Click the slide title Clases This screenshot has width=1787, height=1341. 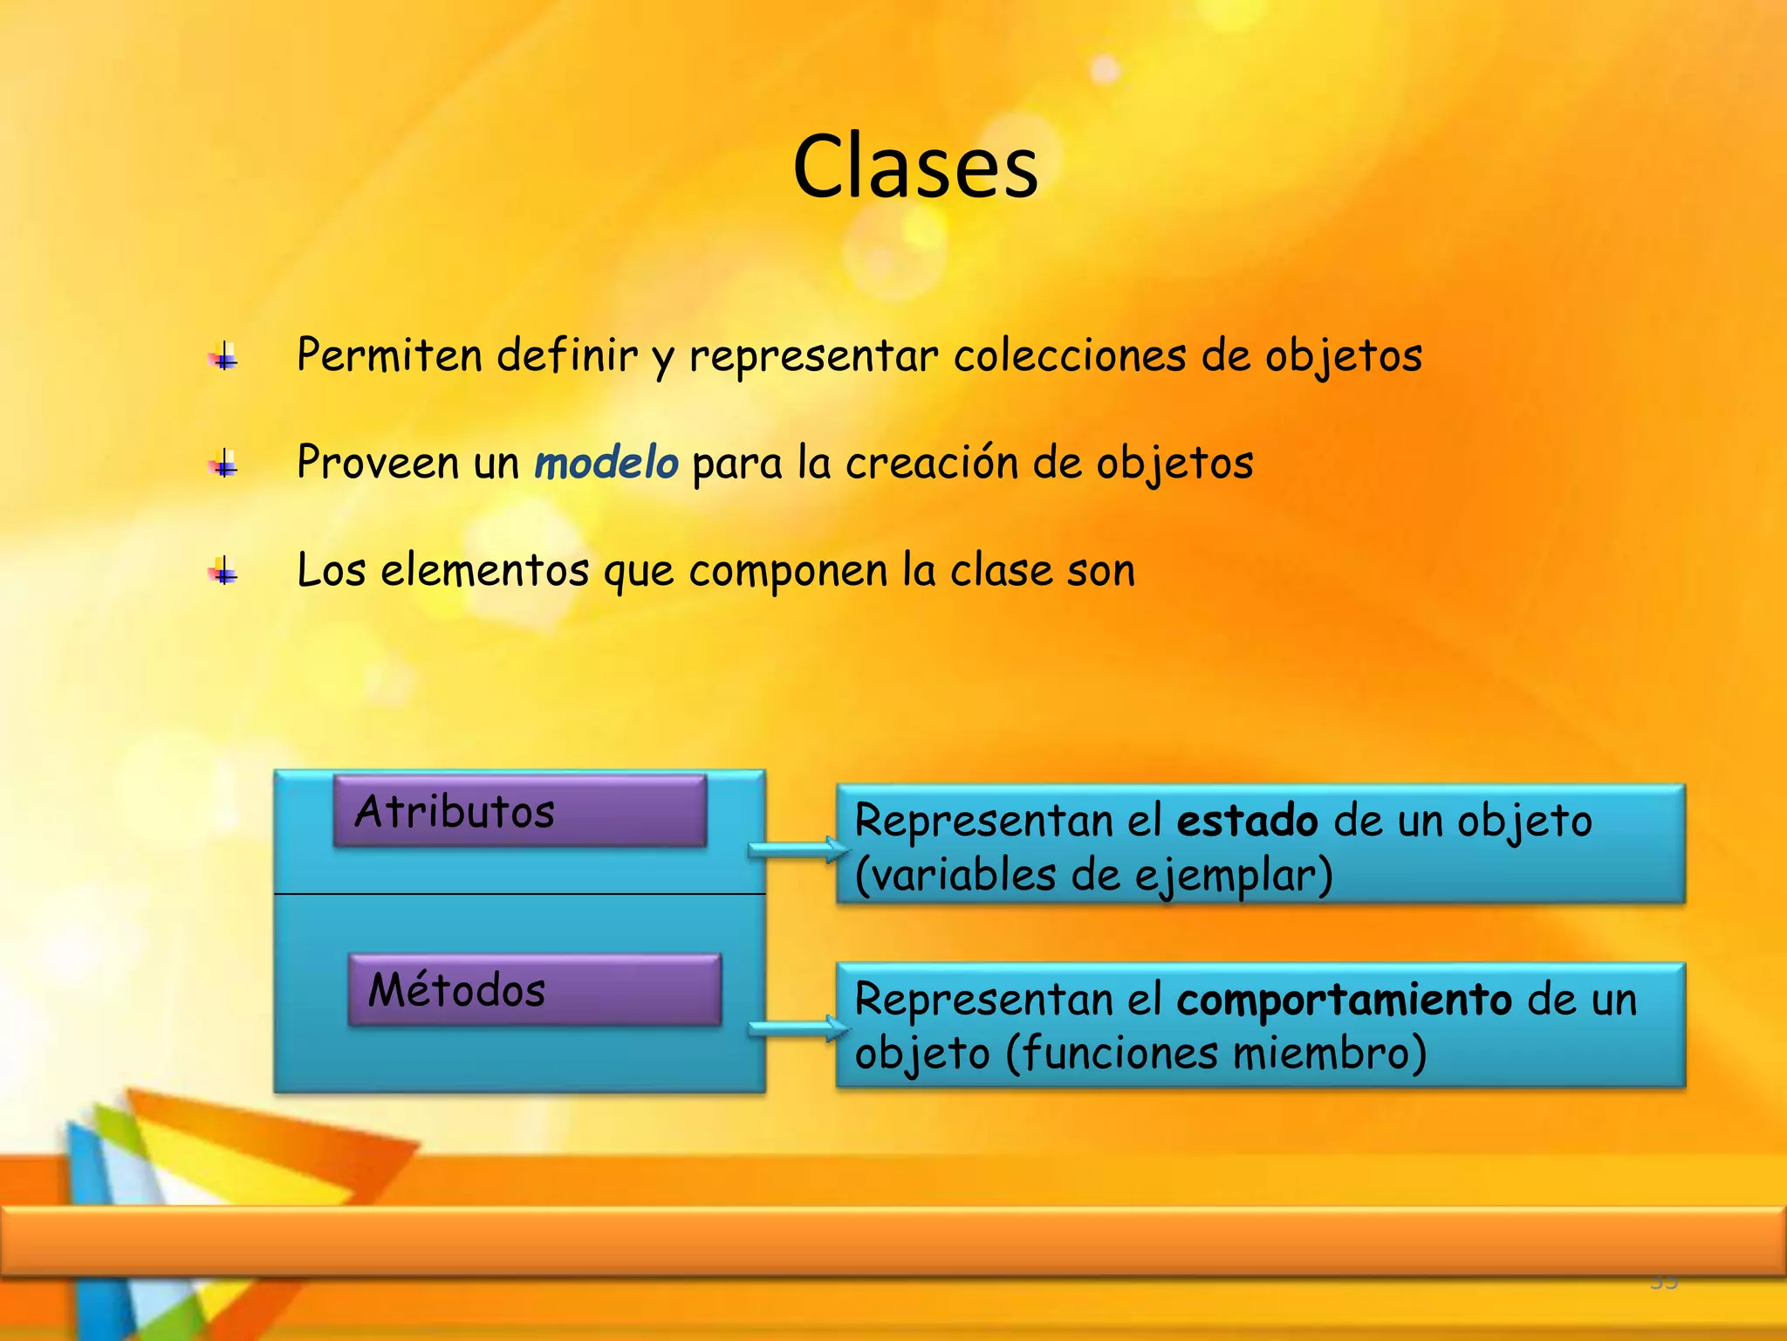(915, 167)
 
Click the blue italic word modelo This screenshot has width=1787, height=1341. (606, 463)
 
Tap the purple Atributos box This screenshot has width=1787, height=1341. (519, 811)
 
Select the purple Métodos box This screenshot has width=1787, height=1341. (534, 990)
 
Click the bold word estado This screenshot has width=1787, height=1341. (1247, 822)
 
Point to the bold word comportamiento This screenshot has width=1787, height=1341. (1344, 1000)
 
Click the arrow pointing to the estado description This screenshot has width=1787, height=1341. (797, 849)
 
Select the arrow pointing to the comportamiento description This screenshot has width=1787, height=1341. (797, 1028)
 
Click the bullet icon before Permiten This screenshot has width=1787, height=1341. (223, 356)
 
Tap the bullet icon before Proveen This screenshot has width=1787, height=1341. (223, 464)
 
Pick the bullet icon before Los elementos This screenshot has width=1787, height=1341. (223, 572)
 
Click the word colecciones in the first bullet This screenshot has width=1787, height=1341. (1070, 356)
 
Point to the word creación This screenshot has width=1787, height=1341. (931, 463)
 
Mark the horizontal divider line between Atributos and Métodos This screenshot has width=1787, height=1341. (520, 894)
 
